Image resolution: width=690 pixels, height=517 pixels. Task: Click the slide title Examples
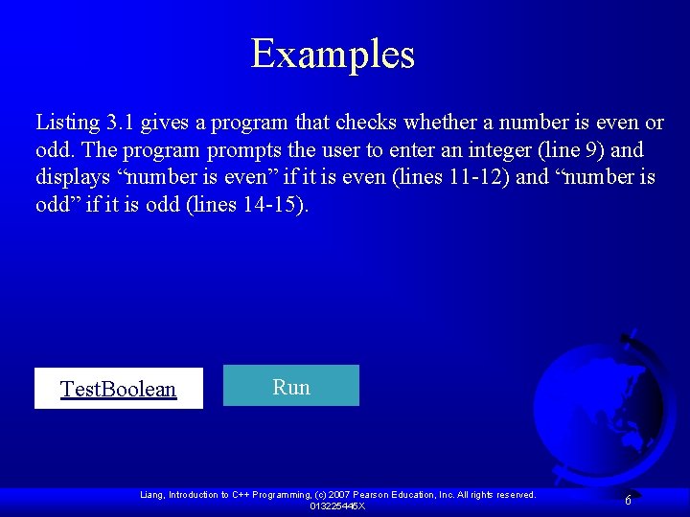coord(333,55)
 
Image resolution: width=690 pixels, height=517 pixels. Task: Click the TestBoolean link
coord(118,389)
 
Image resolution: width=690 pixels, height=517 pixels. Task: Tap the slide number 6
coord(628,500)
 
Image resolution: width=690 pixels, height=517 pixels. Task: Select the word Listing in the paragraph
coord(68,123)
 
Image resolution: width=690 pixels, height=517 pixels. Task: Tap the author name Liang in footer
coord(152,495)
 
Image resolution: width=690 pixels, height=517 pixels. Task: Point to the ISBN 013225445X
coord(337,506)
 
